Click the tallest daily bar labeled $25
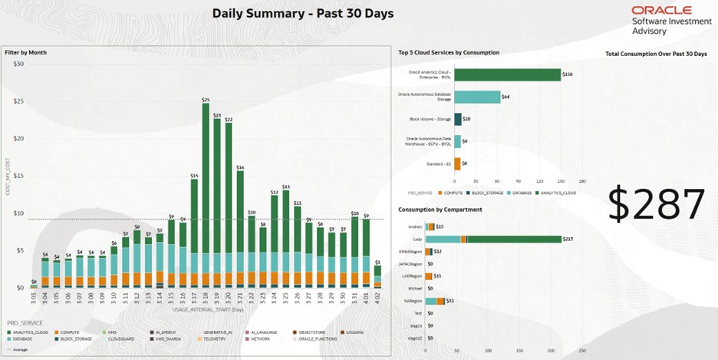click(206, 192)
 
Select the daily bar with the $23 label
click(217, 200)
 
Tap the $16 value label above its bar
click(240, 167)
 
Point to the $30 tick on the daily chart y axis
click(19, 64)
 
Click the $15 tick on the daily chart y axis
click(19, 176)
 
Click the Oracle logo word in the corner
click(662, 10)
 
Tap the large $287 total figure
click(656, 204)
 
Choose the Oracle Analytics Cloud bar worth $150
click(508, 74)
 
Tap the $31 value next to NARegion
click(450, 301)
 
